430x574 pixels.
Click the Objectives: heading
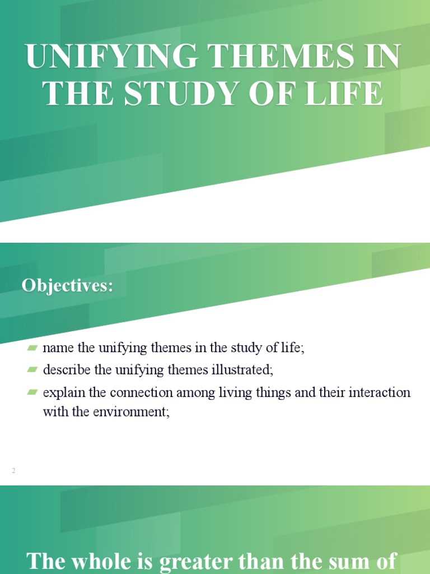[67, 285]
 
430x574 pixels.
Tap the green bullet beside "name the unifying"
[32, 348]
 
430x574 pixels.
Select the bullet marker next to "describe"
[32, 369]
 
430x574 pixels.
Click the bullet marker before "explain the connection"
[32, 392]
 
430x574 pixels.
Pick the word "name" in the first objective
[59, 348]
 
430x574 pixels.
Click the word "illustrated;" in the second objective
[244, 369]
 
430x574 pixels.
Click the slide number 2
[13, 471]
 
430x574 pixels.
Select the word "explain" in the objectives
[62, 392]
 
